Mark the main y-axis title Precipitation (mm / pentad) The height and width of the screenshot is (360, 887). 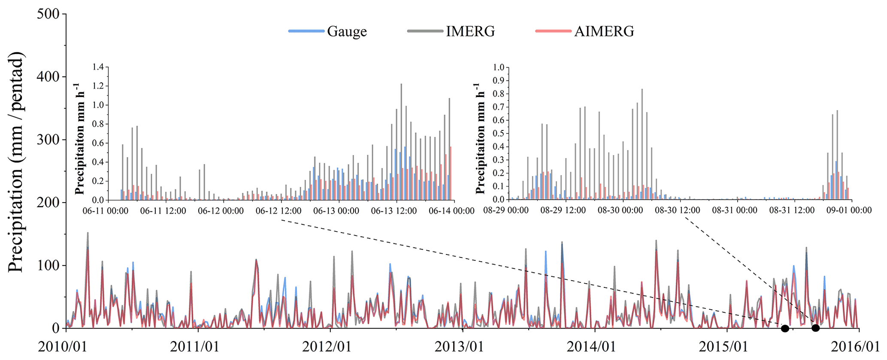click(16, 162)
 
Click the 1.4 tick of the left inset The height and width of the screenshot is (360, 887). click(98, 67)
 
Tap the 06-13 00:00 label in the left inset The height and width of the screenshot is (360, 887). click(336, 211)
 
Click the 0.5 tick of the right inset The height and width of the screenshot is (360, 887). click(498, 133)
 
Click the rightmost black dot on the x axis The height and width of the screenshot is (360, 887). click(815, 328)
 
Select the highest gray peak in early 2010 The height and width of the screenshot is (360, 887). click(88, 233)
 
